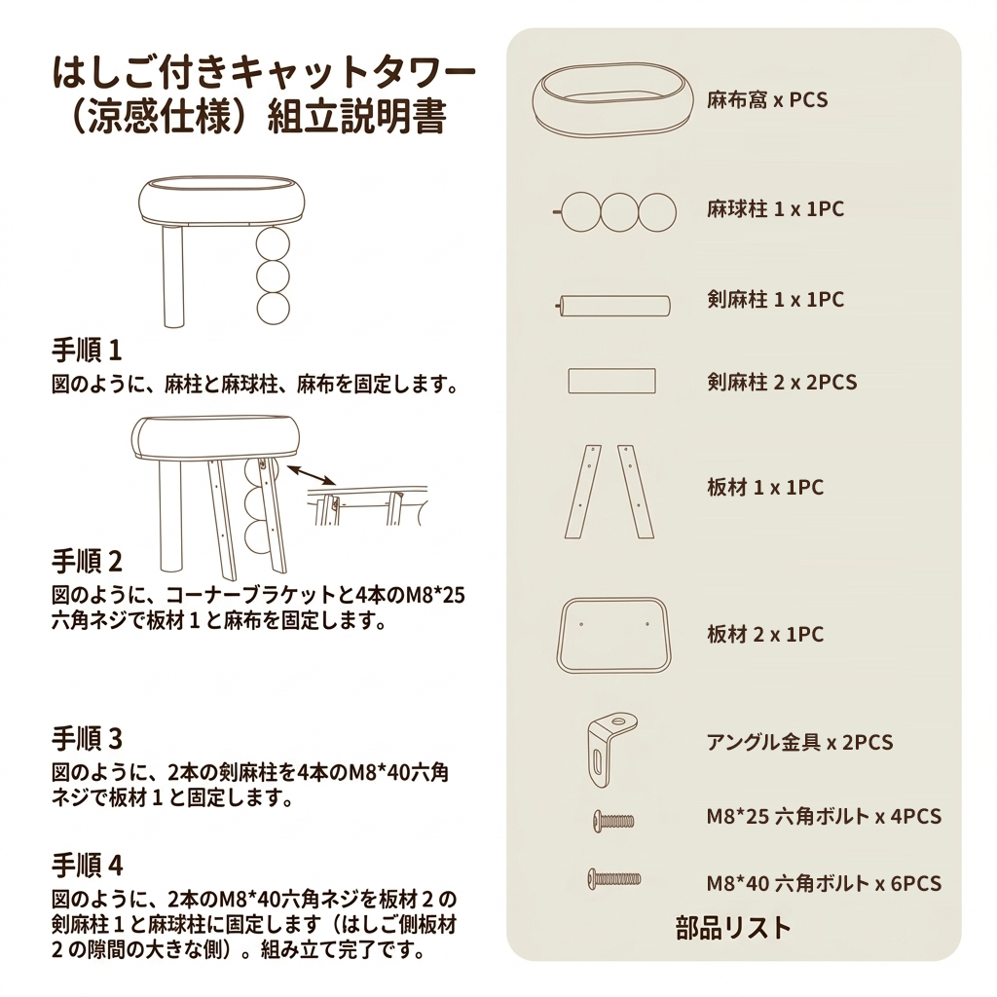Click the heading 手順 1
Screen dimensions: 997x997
pyautogui.click(x=87, y=351)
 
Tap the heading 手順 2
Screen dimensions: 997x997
pyautogui.click(x=87, y=562)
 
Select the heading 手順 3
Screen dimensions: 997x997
pyautogui.click(x=87, y=739)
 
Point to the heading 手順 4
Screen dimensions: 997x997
pyautogui.click(x=87, y=865)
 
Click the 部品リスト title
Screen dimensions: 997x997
pyautogui.click(x=733, y=928)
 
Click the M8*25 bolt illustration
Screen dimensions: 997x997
pyautogui.click(x=613, y=820)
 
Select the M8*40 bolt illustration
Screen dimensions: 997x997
pyautogui.click(x=614, y=879)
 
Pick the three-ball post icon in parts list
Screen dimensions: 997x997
pyautogui.click(x=614, y=212)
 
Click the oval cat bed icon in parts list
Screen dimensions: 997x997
pyautogui.click(x=612, y=99)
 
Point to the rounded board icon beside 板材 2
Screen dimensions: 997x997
pyautogui.click(x=613, y=635)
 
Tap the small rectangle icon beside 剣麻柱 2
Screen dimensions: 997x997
pyautogui.click(x=611, y=381)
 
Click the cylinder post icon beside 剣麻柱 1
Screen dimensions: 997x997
pyautogui.click(x=613, y=306)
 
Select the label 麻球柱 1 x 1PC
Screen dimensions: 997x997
pyautogui.click(x=776, y=209)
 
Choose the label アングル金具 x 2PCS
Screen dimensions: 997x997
pyautogui.click(x=800, y=742)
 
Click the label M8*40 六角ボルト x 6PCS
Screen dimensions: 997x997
pyautogui.click(x=824, y=883)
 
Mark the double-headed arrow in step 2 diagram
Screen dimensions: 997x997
pyautogui.click(x=311, y=475)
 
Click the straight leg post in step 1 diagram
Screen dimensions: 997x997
pyautogui.click(x=173, y=276)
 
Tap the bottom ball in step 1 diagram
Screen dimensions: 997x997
pyautogui.click(x=274, y=309)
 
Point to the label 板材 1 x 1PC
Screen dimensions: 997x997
pyautogui.click(x=765, y=488)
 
